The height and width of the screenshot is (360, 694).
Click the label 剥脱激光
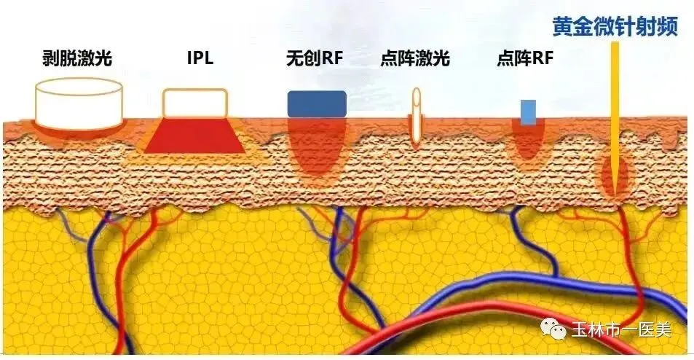[78, 58]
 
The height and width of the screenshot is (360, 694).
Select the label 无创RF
[317, 58]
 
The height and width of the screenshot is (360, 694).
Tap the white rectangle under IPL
[194, 102]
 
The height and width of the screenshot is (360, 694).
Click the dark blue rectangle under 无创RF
[317, 104]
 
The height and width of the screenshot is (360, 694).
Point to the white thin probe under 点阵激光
[417, 117]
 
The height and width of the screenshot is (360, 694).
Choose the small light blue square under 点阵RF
[528, 111]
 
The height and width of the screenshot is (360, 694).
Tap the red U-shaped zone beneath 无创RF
[316, 149]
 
